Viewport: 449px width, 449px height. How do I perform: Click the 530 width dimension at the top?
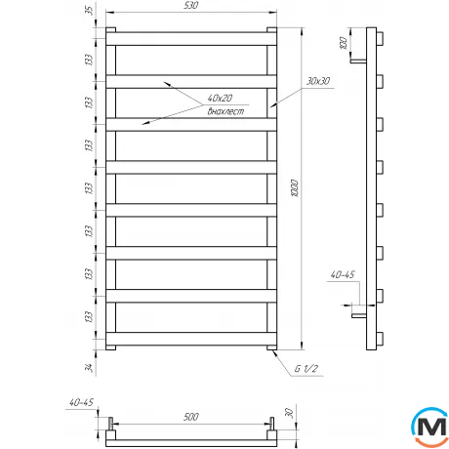coord(189,8)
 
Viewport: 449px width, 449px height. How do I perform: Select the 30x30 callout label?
coord(318,80)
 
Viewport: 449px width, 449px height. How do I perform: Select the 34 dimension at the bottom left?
coord(89,367)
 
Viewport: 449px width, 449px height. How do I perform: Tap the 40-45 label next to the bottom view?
coord(83,402)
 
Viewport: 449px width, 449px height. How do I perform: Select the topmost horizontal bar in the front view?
coord(189,37)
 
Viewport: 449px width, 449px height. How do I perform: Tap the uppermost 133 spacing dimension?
coord(89,59)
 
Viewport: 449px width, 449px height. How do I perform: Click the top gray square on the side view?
coord(388,38)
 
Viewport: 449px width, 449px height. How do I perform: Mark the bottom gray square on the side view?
coord(388,337)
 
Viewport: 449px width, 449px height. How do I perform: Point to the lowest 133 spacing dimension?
coord(89,316)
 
